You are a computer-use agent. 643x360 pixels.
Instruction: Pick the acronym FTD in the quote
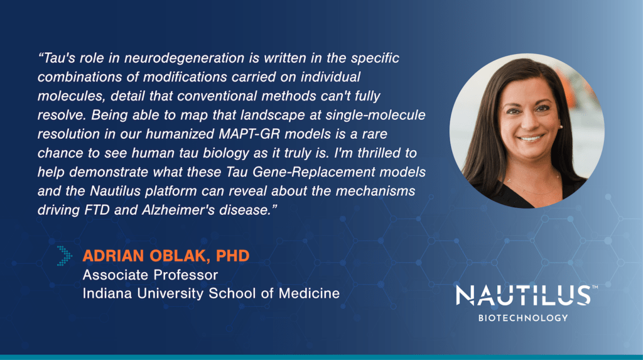click(x=97, y=210)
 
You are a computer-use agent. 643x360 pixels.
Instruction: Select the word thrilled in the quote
click(x=376, y=153)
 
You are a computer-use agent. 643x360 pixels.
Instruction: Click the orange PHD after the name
click(x=232, y=256)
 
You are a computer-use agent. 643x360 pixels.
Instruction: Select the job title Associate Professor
click(x=150, y=275)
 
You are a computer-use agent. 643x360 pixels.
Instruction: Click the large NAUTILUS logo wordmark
click(x=523, y=295)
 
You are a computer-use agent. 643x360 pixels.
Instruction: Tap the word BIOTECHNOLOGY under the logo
click(x=523, y=318)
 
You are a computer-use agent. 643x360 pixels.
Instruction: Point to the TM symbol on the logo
click(x=595, y=287)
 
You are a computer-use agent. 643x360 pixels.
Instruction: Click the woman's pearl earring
click(x=561, y=127)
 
